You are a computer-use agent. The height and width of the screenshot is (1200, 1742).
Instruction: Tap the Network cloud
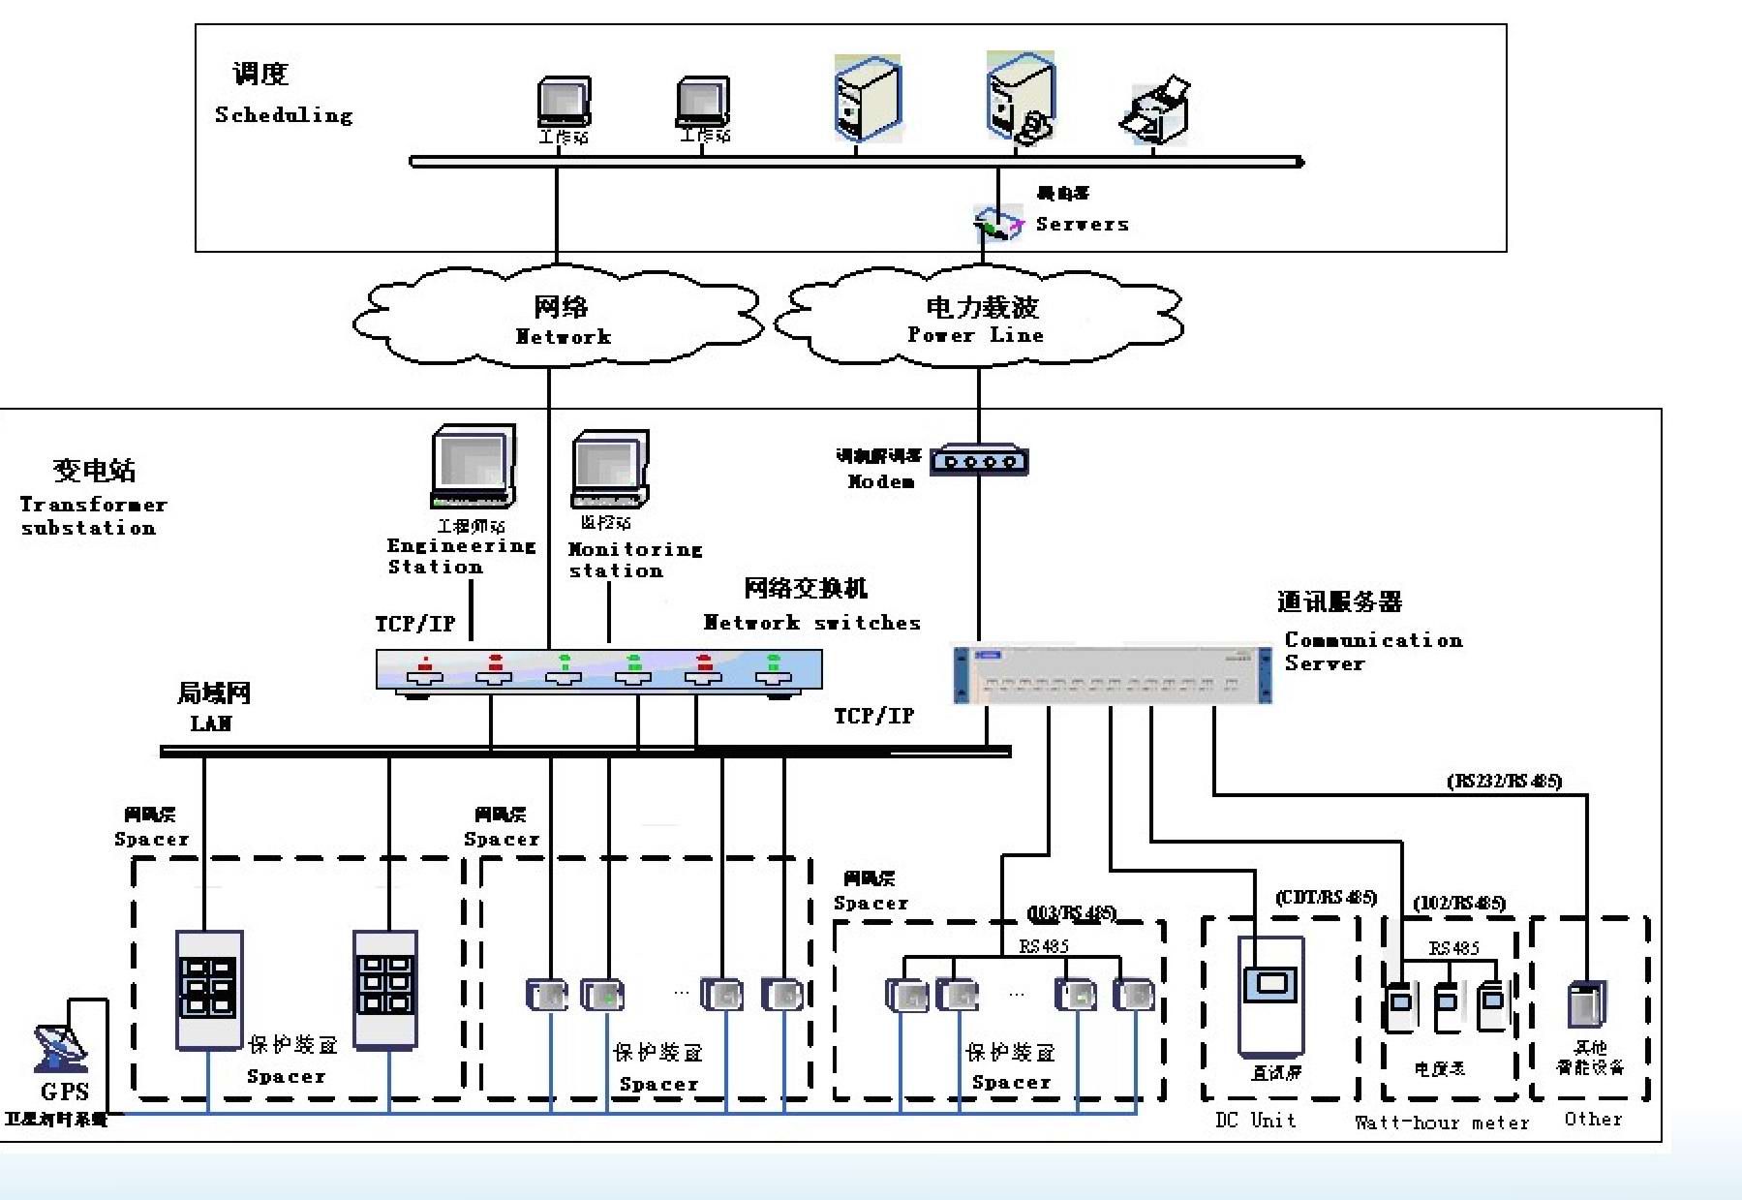pyautogui.click(x=560, y=318)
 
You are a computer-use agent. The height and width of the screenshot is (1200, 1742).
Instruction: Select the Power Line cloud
pyautogui.click(x=979, y=318)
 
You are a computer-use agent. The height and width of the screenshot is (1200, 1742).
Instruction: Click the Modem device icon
pyautogui.click(x=979, y=460)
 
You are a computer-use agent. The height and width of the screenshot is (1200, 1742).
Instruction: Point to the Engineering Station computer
pyautogui.click(x=473, y=467)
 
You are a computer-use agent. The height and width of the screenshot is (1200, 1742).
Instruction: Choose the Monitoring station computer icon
pyautogui.click(x=609, y=470)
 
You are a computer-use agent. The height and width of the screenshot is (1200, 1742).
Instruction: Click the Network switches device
pyautogui.click(x=598, y=670)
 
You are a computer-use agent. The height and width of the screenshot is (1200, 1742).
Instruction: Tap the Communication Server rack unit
pyautogui.click(x=1112, y=674)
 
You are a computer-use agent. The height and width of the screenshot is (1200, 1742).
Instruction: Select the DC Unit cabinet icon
pyautogui.click(x=1271, y=996)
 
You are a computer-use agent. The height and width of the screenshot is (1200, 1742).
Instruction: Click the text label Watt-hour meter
pyautogui.click(x=1441, y=1123)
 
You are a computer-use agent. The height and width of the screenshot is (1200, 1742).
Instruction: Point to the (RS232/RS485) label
pyautogui.click(x=1504, y=781)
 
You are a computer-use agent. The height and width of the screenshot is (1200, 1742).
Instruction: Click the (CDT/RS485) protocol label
pyautogui.click(x=1326, y=898)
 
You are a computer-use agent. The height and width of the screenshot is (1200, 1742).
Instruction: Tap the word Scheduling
pyautogui.click(x=284, y=115)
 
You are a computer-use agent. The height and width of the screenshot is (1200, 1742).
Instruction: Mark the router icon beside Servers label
pyautogui.click(x=998, y=224)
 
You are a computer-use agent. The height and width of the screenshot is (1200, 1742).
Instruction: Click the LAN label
pyautogui.click(x=211, y=723)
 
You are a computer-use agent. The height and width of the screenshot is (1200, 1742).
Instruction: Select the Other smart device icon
pyautogui.click(x=1586, y=1005)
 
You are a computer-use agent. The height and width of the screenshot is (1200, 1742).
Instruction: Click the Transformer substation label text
pyautogui.click(x=92, y=516)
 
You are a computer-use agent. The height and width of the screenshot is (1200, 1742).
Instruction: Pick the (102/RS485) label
pyautogui.click(x=1458, y=904)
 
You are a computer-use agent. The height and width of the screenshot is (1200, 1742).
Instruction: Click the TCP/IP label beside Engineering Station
pyautogui.click(x=414, y=624)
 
